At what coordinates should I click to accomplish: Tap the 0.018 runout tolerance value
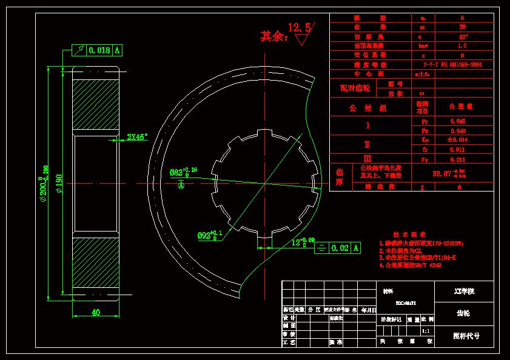99,50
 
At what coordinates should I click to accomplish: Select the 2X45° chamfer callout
137,138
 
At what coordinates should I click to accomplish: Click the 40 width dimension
96,312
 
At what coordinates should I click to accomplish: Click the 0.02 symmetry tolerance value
341,247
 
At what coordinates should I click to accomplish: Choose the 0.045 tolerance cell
458,121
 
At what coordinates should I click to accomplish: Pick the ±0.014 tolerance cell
458,140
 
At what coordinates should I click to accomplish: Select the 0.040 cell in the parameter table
458,131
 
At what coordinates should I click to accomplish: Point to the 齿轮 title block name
463,313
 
